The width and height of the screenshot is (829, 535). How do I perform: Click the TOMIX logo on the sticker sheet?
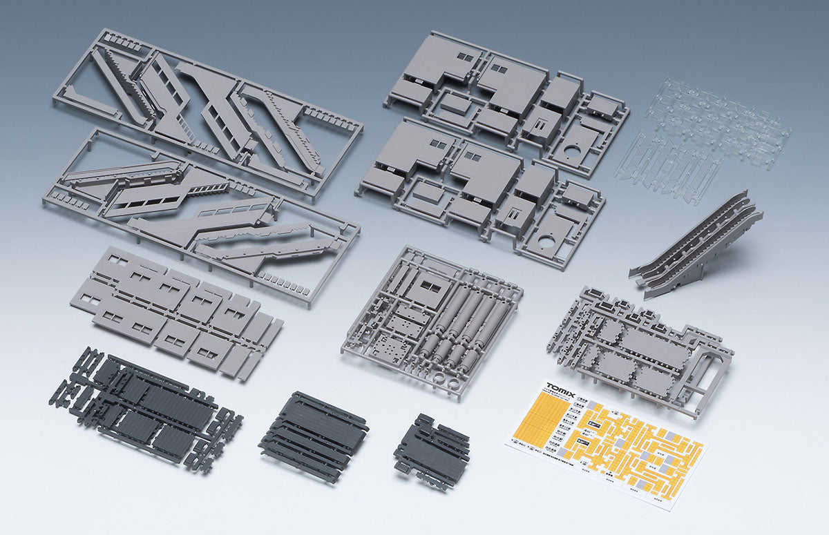coord(560,388)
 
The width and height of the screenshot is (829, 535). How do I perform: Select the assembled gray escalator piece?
coord(694,245)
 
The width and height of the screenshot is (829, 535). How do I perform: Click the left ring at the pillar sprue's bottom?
coord(441,378)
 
